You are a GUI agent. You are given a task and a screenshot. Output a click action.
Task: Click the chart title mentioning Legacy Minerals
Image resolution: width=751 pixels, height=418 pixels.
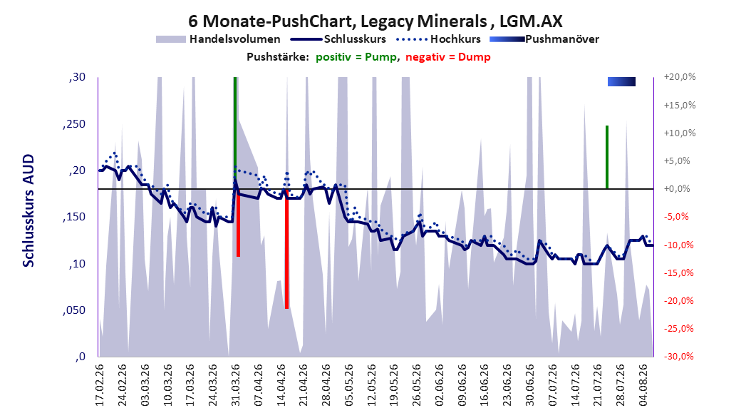coord(375,21)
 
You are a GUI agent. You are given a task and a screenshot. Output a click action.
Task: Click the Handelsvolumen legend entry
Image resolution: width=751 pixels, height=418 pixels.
coord(218,39)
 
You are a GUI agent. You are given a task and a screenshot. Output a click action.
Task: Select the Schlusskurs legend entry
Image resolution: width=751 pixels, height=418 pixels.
coord(338,39)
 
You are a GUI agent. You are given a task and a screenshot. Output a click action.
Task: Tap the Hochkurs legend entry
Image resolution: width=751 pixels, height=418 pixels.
coord(438,39)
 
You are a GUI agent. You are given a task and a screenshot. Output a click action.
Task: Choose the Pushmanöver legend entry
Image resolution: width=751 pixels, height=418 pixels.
coord(544,39)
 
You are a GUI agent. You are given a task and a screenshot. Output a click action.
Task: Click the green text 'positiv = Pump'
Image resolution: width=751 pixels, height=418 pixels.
coord(356,57)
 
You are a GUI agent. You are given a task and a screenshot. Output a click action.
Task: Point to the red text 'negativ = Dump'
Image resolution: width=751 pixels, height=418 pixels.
coord(448,57)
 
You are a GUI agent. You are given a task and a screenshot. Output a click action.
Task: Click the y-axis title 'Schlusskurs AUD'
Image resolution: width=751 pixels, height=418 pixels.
coord(29,210)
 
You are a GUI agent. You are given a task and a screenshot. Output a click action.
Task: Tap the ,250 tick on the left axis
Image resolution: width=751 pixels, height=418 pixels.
coord(74,123)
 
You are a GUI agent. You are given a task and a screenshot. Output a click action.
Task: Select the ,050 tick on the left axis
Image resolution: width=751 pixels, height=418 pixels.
coord(74,310)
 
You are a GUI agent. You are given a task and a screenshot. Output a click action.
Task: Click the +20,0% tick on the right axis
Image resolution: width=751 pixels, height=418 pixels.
coord(680,77)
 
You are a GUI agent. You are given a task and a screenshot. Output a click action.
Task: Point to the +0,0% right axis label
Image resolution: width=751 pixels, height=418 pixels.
coord(677,189)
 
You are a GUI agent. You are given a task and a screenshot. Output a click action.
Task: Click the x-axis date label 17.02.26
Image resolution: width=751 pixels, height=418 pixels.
coord(100,385)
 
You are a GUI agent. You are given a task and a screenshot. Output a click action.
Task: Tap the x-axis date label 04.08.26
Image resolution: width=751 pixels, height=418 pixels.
coord(643,385)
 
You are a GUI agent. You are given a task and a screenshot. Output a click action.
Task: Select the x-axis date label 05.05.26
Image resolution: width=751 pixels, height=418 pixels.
coord(348,385)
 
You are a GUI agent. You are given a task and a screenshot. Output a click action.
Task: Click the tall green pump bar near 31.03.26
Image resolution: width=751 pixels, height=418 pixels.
coord(235,133)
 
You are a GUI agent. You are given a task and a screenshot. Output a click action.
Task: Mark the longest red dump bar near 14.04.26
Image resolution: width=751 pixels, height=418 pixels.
coord(286,249)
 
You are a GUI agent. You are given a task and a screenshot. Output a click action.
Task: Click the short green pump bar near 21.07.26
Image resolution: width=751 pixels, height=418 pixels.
coord(607,157)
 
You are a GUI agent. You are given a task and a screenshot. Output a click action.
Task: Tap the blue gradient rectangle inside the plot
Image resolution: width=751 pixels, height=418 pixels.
coord(622,81)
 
